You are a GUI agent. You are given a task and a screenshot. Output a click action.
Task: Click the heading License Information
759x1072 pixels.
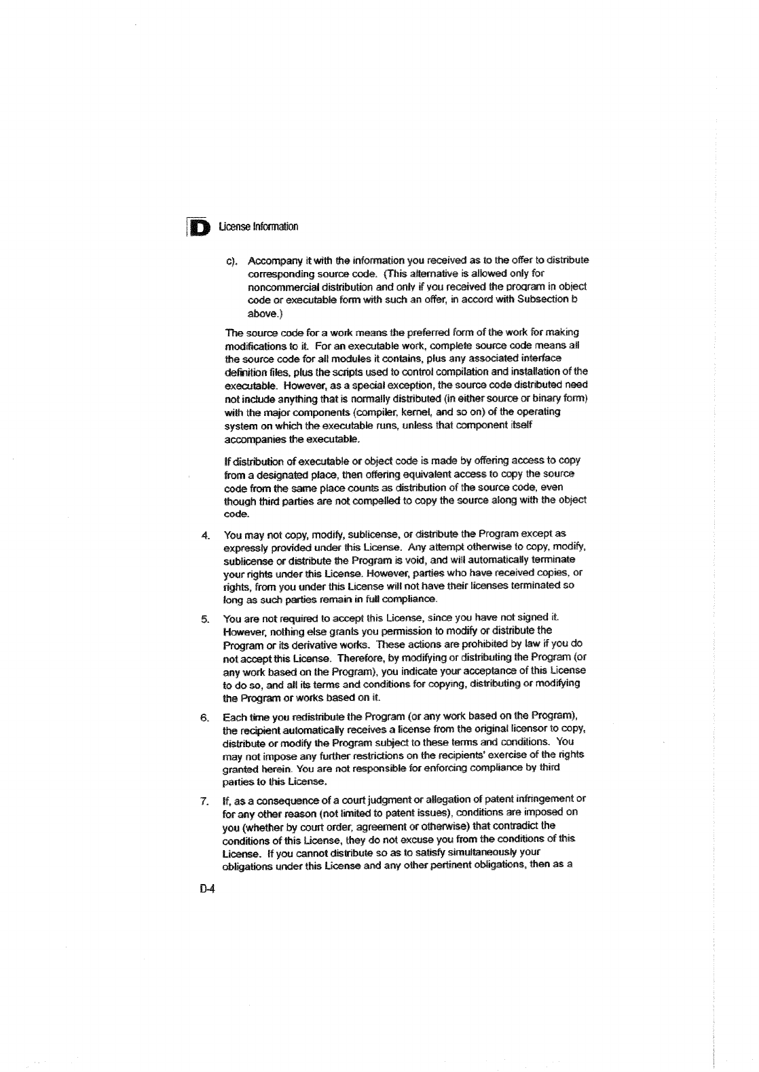pos(259,227)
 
